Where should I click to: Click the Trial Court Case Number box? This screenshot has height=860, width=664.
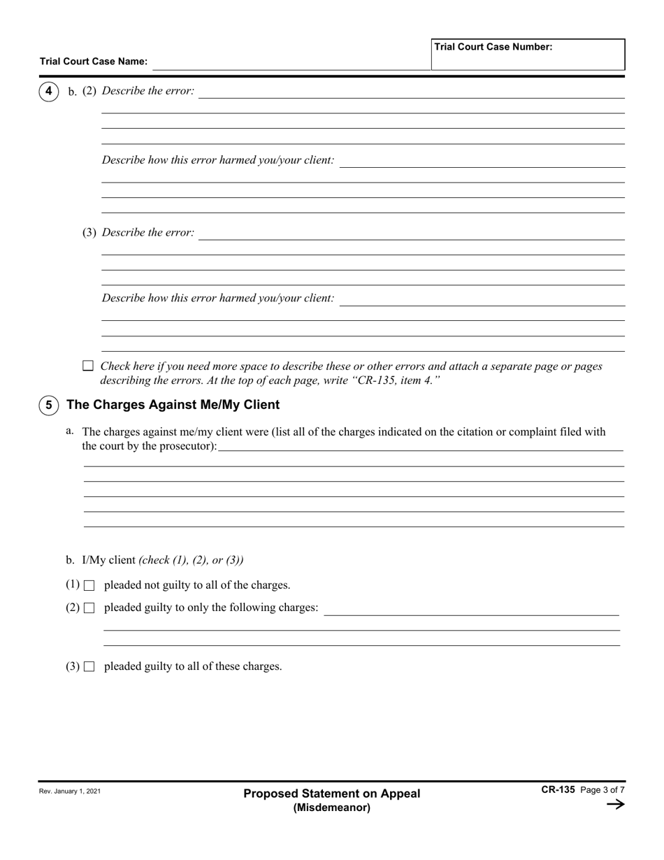pyautogui.click(x=528, y=55)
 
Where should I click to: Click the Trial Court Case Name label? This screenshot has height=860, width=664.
pyautogui.click(x=94, y=62)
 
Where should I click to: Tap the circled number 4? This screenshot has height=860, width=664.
pyautogui.click(x=48, y=91)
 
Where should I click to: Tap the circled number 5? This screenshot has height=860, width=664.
pyautogui.click(x=48, y=405)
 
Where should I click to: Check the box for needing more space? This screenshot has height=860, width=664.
pyautogui.click(x=88, y=366)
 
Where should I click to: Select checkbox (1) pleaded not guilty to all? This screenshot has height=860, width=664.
pyautogui.click(x=89, y=586)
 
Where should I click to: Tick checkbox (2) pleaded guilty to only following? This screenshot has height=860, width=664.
pyautogui.click(x=89, y=608)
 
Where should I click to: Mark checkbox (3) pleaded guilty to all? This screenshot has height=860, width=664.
pyautogui.click(x=89, y=667)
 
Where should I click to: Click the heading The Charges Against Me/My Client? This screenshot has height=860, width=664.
pyautogui.click(x=173, y=405)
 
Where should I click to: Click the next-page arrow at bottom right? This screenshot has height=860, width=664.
pyautogui.click(x=615, y=804)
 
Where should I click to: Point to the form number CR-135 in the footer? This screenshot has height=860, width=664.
pyautogui.click(x=558, y=789)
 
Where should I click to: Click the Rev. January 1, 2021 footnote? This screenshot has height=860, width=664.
pyautogui.click(x=70, y=791)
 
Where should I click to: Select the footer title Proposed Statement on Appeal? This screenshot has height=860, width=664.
pyautogui.click(x=332, y=794)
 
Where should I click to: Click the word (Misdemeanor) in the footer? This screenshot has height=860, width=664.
pyautogui.click(x=332, y=808)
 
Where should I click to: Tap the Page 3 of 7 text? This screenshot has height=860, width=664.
pyautogui.click(x=602, y=790)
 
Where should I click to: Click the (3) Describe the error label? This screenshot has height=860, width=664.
pyautogui.click(x=138, y=233)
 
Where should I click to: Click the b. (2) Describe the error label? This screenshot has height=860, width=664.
pyautogui.click(x=131, y=92)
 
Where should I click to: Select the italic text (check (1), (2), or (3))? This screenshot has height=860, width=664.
pyautogui.click(x=191, y=560)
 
